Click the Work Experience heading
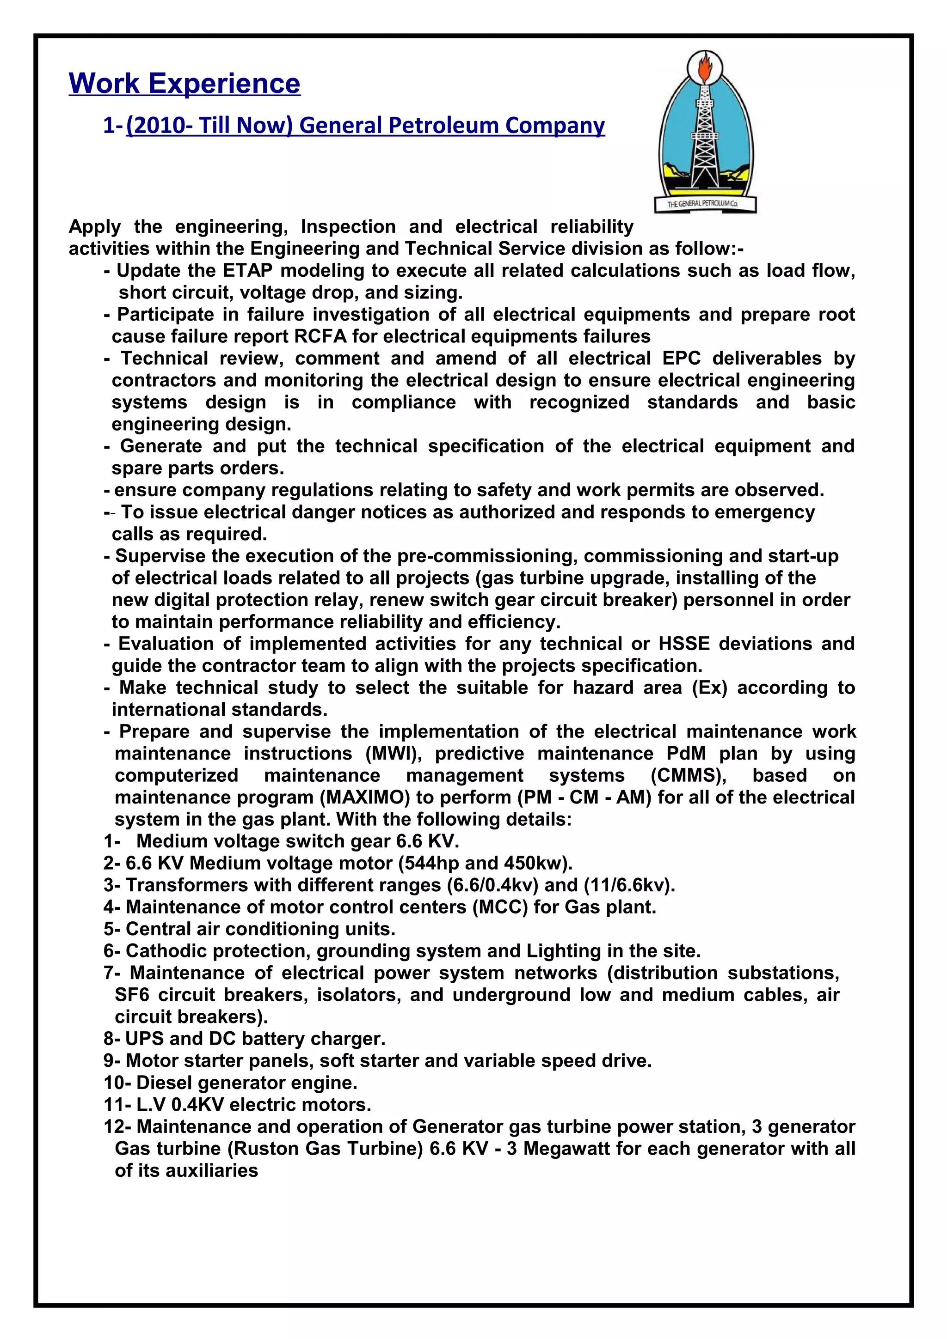point(184,83)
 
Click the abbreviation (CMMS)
point(688,776)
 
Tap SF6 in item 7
point(133,995)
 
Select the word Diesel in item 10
point(165,1083)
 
